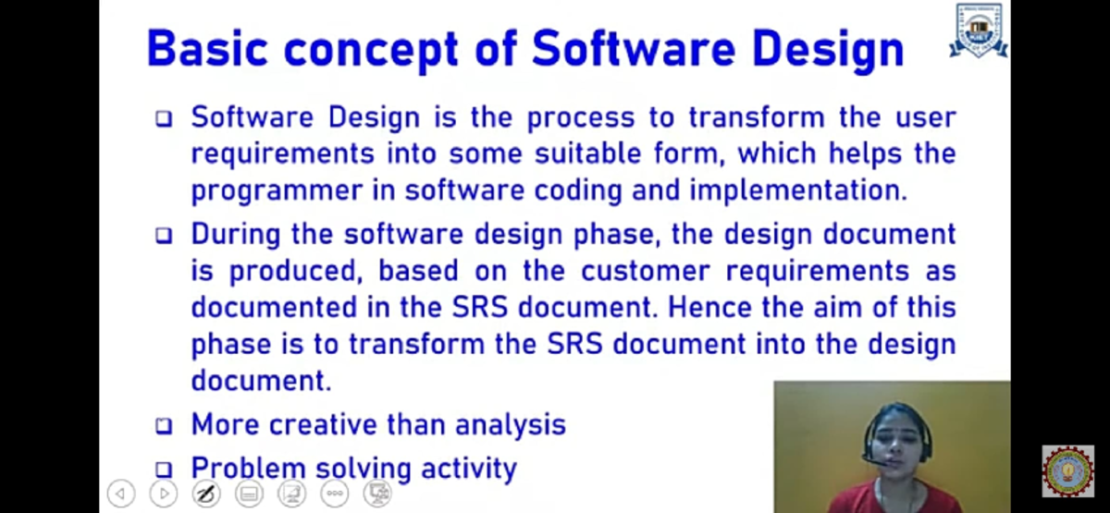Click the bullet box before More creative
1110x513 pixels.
tap(164, 426)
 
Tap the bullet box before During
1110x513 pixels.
tap(164, 236)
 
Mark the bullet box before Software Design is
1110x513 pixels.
tap(164, 119)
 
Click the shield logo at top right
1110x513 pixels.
tap(979, 31)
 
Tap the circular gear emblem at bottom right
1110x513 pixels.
tap(1067, 471)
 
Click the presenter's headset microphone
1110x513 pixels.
tap(870, 458)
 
